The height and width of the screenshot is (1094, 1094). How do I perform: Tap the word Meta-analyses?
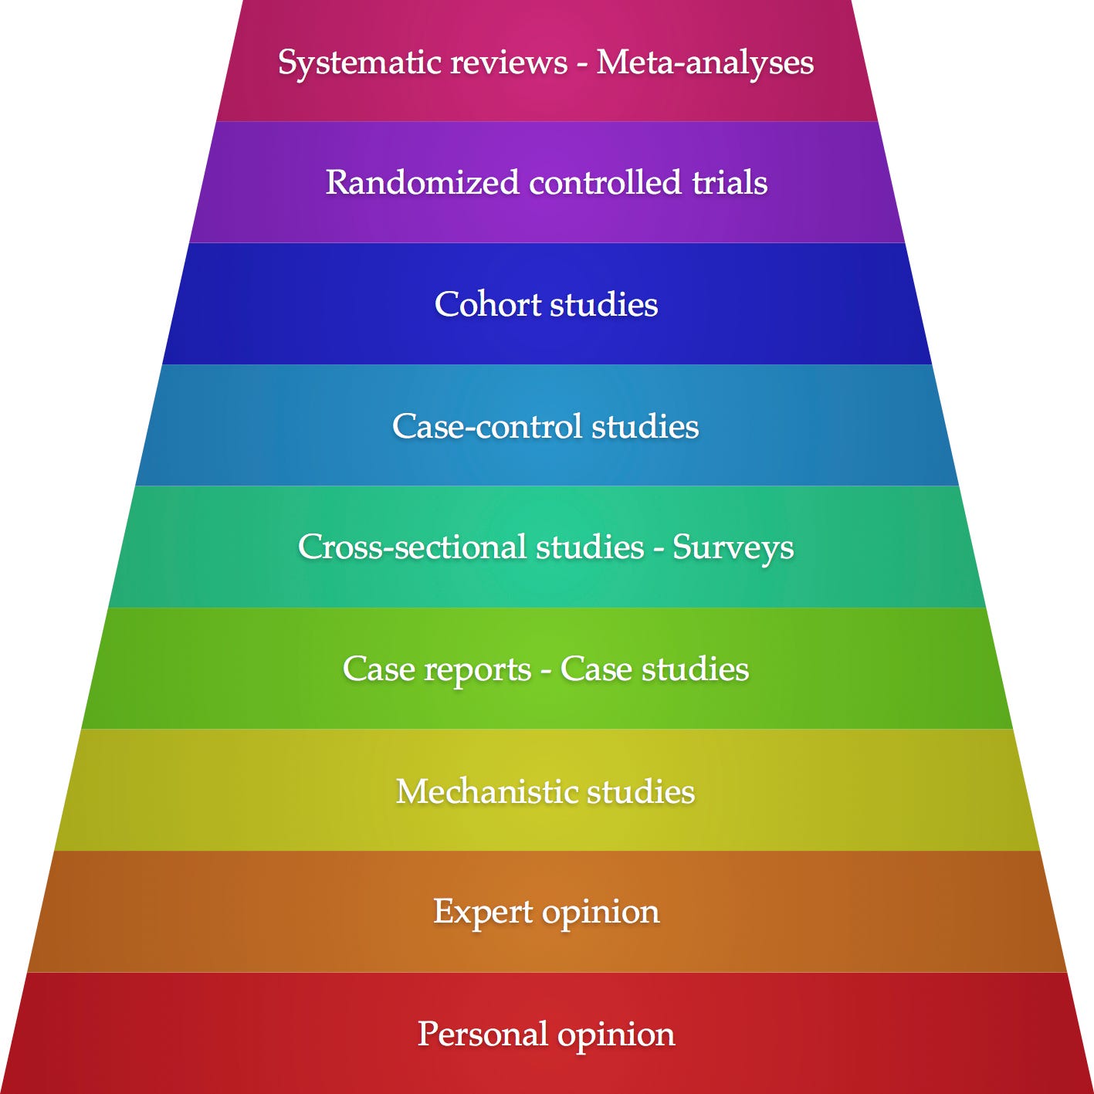pyautogui.click(x=705, y=62)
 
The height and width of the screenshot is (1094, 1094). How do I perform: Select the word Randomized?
pyautogui.click(x=422, y=183)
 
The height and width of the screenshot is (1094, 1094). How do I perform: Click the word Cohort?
pyautogui.click(x=488, y=304)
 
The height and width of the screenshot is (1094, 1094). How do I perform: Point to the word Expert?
pyautogui.click(x=483, y=912)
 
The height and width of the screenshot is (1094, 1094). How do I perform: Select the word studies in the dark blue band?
pyautogui.click(x=604, y=304)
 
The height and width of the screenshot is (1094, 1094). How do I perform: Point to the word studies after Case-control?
pyautogui.click(x=645, y=426)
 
